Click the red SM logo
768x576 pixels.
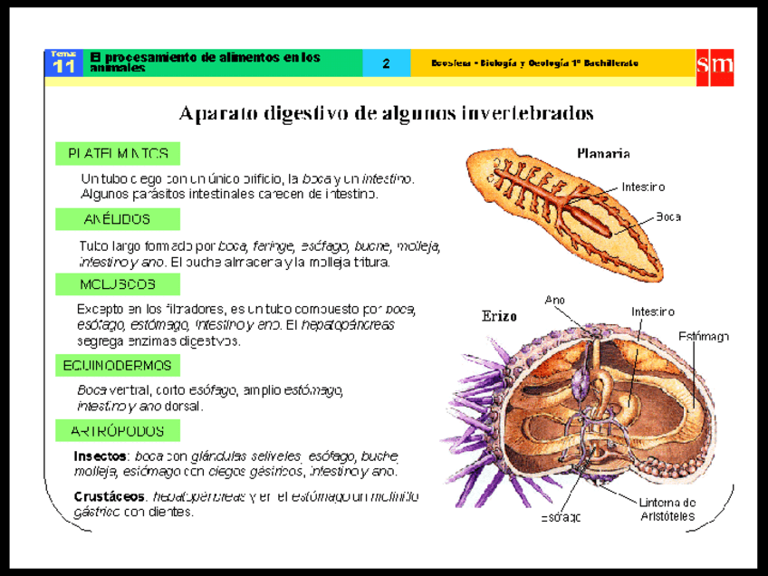[714, 65]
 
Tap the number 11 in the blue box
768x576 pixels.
[64, 68]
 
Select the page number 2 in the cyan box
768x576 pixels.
[386, 63]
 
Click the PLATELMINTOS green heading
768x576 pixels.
[118, 153]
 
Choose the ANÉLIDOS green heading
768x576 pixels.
[118, 219]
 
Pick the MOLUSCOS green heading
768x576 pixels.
[118, 284]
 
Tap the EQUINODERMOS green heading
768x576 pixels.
[118, 366]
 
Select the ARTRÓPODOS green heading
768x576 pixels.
[118, 431]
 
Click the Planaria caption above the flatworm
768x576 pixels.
[603, 154]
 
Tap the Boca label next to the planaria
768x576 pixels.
[668, 217]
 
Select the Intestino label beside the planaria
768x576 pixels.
[643, 187]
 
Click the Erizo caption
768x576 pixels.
[499, 317]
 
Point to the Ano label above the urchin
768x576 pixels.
[555, 300]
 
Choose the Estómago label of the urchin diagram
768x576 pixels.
[704, 337]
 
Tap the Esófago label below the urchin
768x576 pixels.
[561, 517]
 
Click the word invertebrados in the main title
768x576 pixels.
[528, 113]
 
